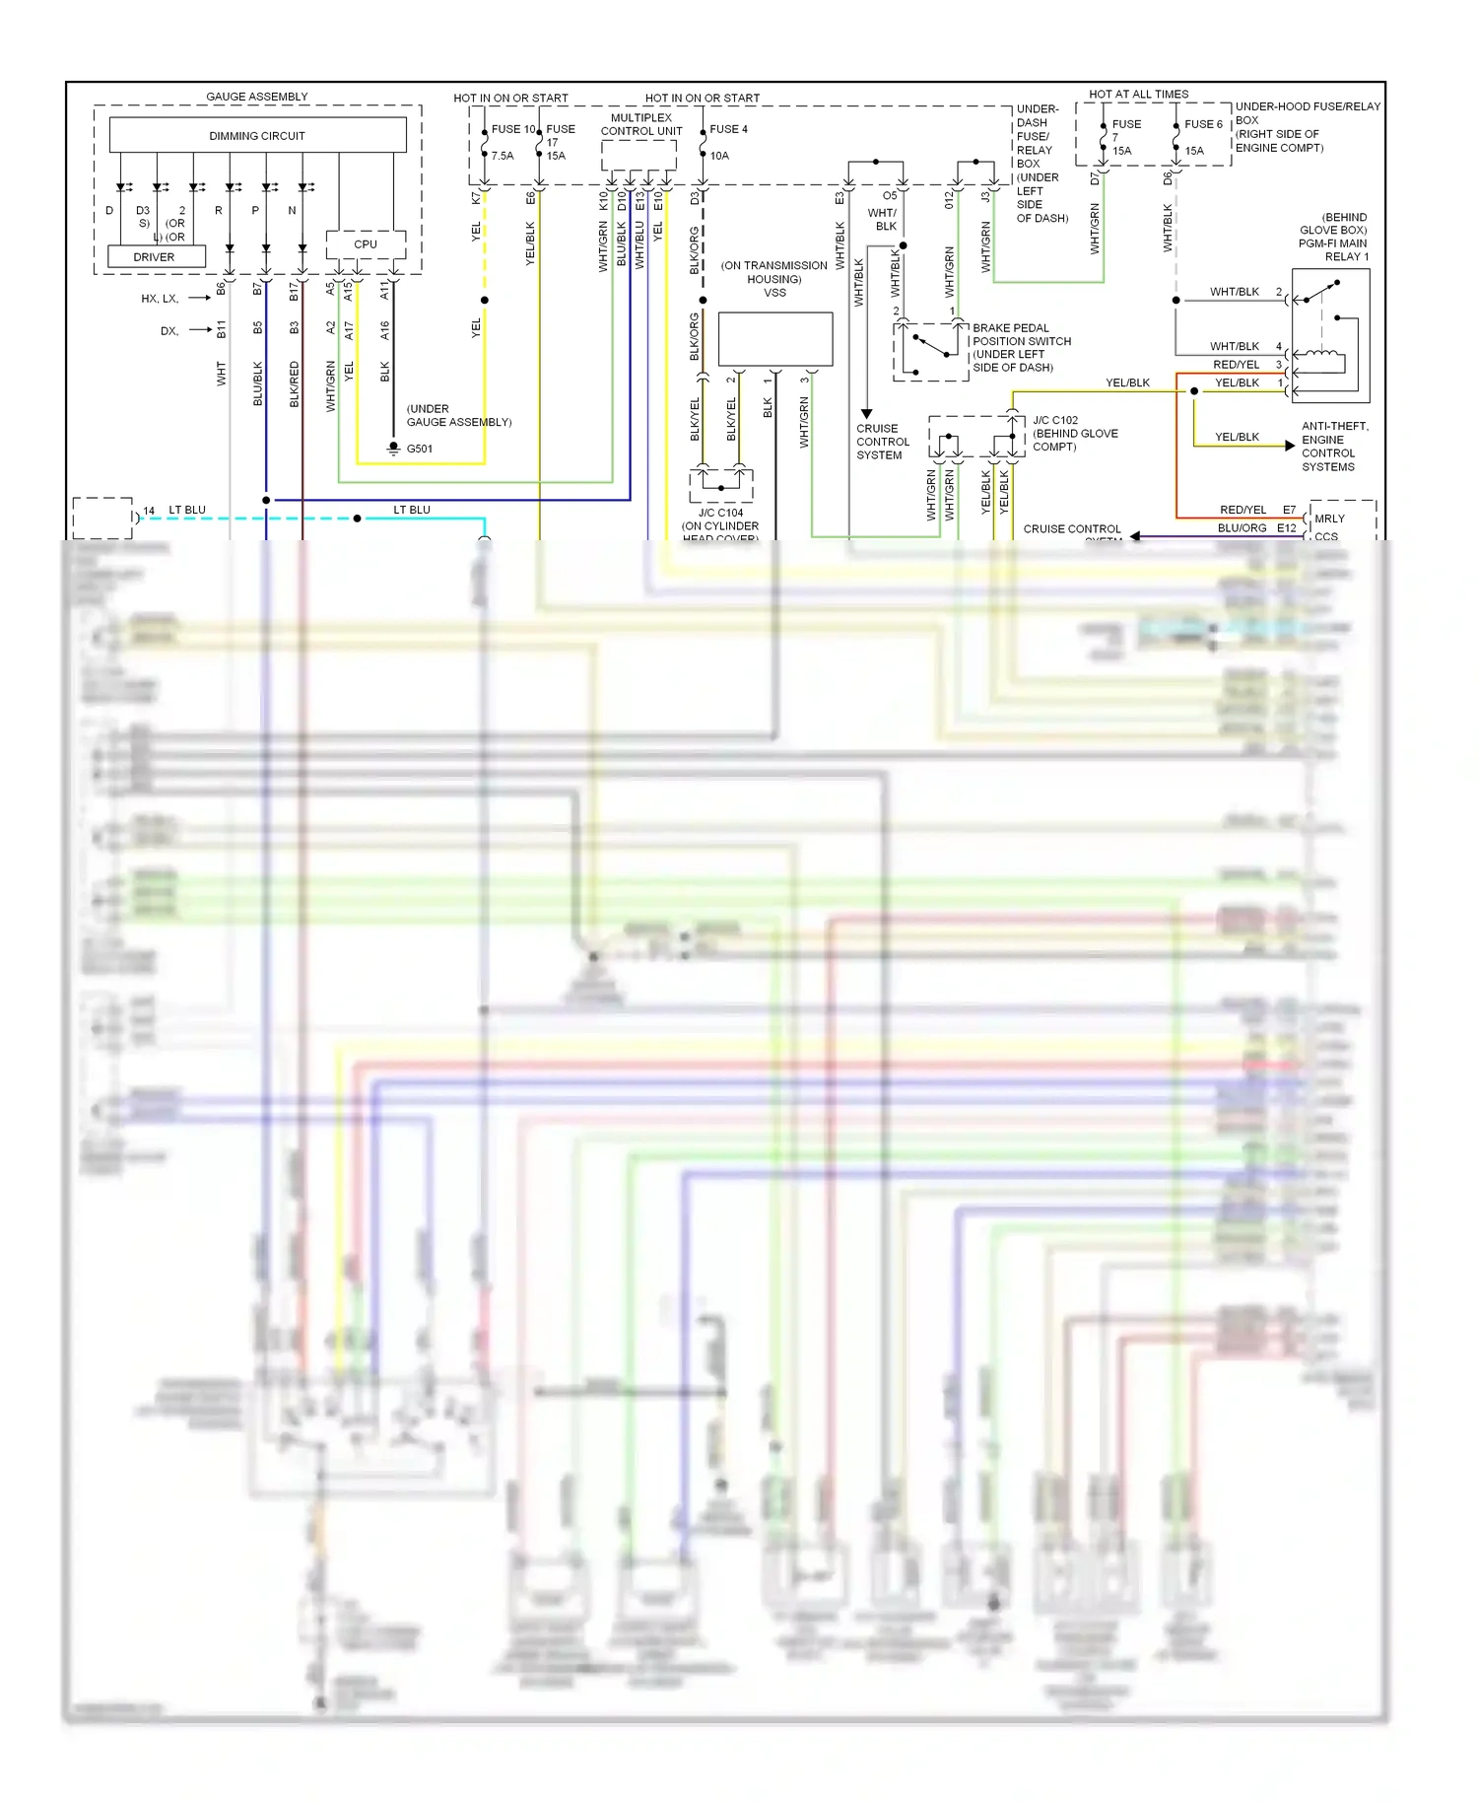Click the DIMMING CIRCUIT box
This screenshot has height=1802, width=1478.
(257, 135)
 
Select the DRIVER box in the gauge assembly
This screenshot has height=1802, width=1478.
(155, 257)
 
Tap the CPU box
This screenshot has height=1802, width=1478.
(366, 244)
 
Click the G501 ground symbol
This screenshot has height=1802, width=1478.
(393, 450)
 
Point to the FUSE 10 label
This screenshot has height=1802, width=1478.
(513, 129)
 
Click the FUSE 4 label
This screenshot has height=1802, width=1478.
(728, 129)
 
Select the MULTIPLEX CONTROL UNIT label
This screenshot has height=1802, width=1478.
(641, 124)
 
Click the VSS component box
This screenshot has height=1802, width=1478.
(775, 339)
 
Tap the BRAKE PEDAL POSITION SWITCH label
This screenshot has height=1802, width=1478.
(1021, 347)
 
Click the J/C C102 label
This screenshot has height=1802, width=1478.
(1055, 420)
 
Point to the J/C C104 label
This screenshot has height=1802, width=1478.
(721, 513)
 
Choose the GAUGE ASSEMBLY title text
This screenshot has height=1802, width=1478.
(257, 97)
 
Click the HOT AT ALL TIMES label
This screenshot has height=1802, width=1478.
(1138, 95)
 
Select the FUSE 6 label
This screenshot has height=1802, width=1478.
(1203, 124)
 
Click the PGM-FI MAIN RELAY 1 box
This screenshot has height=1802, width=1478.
(1330, 335)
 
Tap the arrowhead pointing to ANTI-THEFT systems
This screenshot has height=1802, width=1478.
(1290, 446)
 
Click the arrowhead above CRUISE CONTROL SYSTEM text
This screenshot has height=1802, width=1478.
(866, 414)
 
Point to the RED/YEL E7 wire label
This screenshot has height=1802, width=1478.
(1257, 510)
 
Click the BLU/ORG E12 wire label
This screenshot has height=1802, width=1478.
(1256, 528)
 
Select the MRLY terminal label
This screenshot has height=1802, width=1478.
(1329, 519)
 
